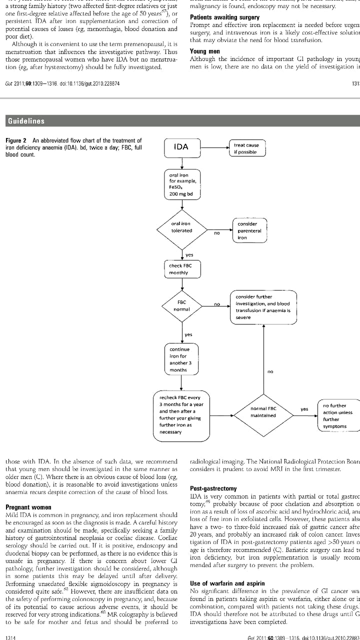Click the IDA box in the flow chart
tap(181, 147)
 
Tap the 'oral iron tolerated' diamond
tap(181, 227)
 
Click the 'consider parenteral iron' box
tap(249, 230)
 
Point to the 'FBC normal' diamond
tap(181, 306)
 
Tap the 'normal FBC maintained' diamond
tap(263, 412)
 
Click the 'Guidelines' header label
tap(25, 121)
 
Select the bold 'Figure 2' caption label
tap(17, 140)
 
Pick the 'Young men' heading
tap(205, 51)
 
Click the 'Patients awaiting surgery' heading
tap(224, 17)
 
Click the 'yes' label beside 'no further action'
tap(304, 409)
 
